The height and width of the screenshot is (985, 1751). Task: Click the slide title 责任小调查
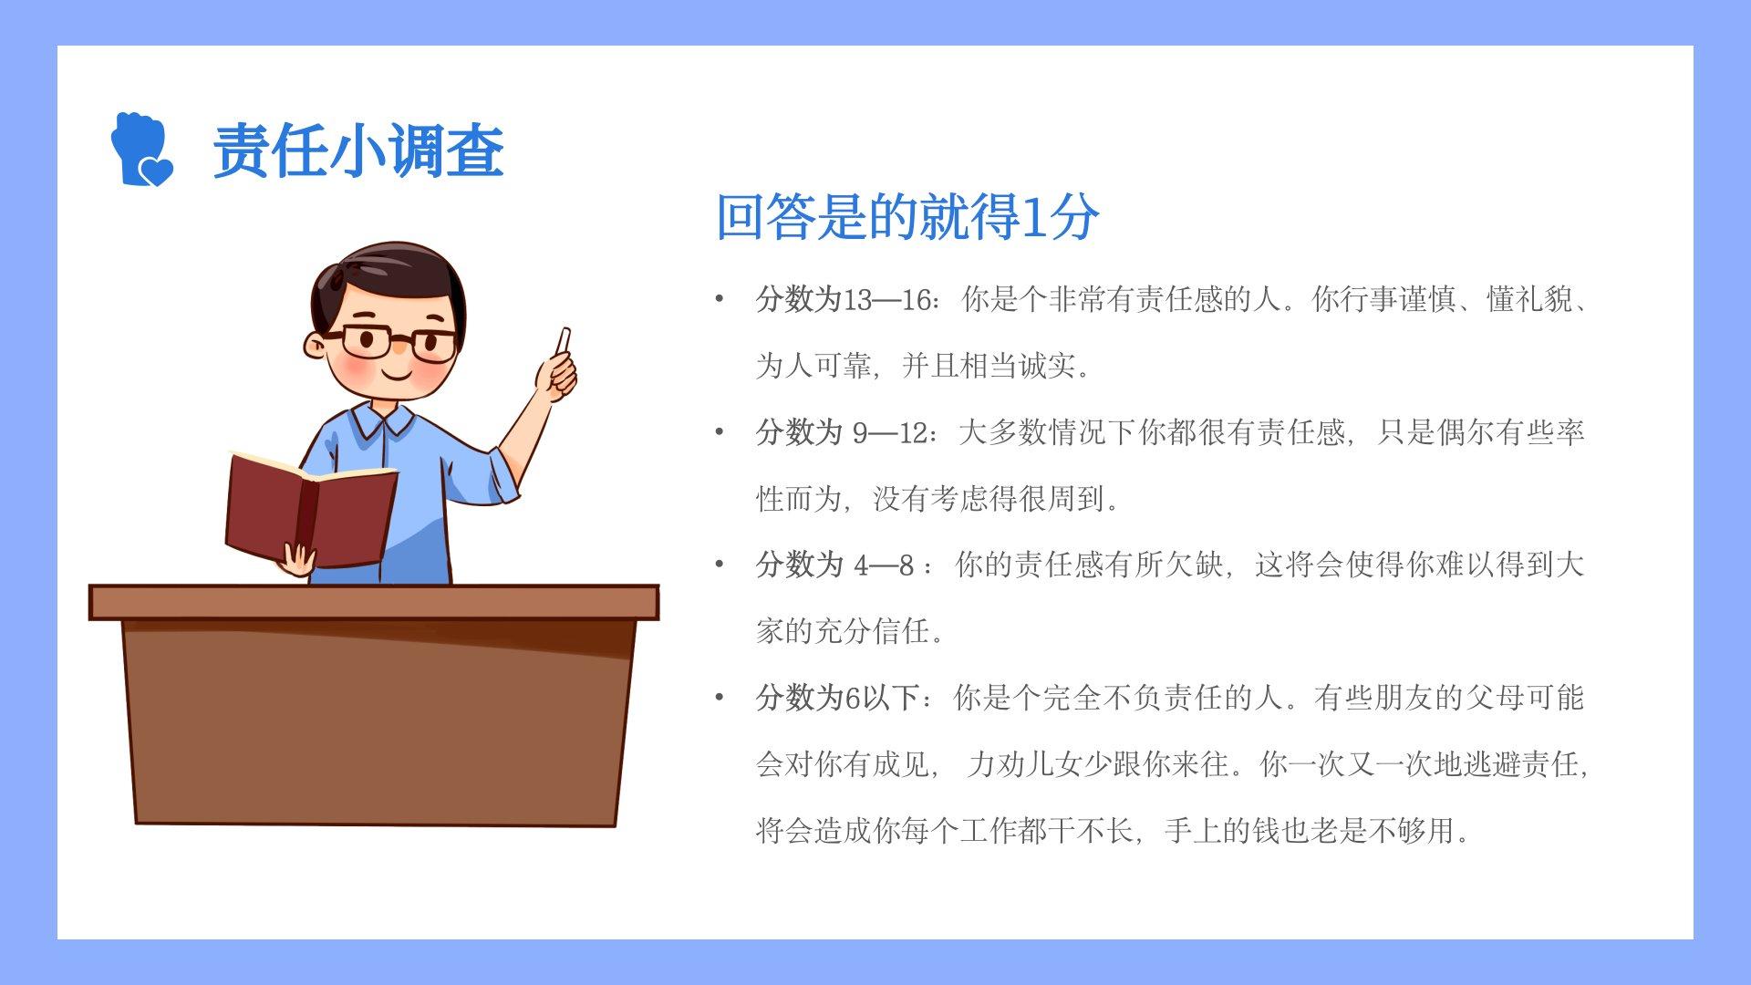[358, 150]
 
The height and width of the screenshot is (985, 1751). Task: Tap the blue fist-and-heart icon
[141, 150]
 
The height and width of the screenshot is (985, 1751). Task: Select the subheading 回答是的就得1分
[907, 216]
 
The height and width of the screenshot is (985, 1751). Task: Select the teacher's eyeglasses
[392, 343]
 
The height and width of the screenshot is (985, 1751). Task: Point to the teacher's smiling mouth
[398, 374]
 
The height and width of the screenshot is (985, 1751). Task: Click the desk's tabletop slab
[374, 603]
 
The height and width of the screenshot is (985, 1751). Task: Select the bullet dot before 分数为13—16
[720, 298]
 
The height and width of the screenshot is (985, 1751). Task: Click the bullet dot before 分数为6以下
[720, 698]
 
